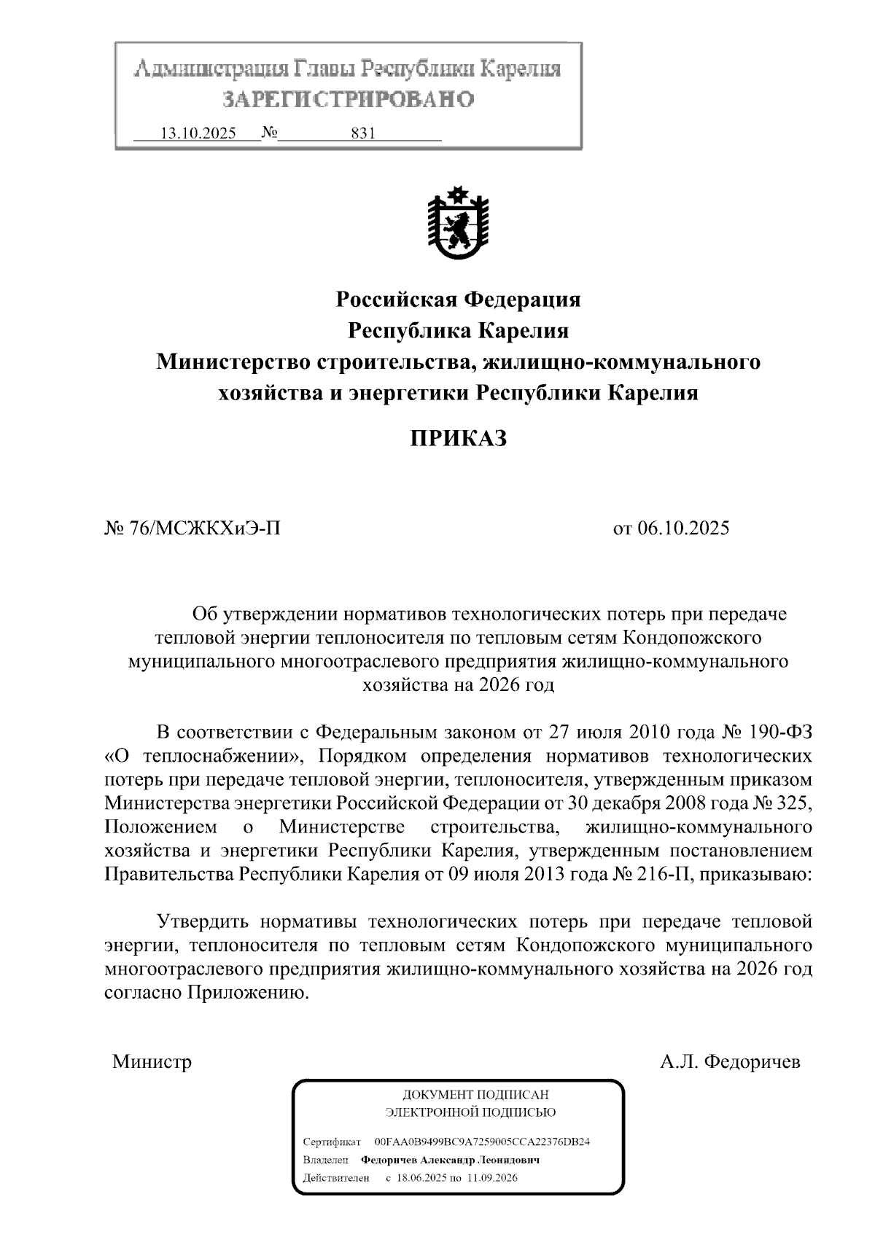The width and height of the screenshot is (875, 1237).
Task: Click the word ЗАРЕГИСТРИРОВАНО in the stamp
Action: [348, 99]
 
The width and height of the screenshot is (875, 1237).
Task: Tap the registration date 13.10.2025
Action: [198, 133]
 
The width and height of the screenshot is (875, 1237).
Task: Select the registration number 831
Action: [362, 133]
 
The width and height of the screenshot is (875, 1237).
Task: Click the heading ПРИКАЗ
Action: [457, 439]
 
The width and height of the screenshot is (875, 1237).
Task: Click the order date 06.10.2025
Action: [682, 528]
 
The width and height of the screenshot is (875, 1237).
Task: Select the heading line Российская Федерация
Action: [457, 299]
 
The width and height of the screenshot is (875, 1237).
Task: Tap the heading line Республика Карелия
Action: [457, 331]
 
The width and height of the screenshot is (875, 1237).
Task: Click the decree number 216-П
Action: [658, 874]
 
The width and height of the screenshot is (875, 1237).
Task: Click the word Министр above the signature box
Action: [152, 1061]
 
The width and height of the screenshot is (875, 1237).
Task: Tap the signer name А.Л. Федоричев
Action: [730, 1061]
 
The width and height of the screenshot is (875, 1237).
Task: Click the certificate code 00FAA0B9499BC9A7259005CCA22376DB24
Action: [481, 1142]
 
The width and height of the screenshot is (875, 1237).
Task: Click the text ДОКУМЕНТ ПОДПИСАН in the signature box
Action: [475, 1095]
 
